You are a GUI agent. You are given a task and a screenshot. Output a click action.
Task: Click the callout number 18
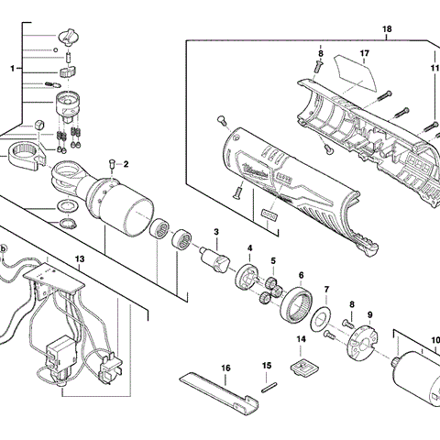[x=387, y=29]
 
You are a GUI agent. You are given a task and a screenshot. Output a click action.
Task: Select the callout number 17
[x=364, y=53]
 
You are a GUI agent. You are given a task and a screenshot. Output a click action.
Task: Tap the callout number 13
[x=80, y=259]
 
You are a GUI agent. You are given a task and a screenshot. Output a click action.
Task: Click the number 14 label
[x=300, y=339]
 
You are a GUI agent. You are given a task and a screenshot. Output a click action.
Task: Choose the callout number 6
[x=301, y=274]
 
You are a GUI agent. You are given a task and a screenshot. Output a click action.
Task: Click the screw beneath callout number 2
[x=111, y=166]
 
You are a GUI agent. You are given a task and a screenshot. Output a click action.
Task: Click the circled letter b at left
[x=4, y=248]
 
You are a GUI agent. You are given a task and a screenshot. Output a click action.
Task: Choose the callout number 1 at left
[x=13, y=68]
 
